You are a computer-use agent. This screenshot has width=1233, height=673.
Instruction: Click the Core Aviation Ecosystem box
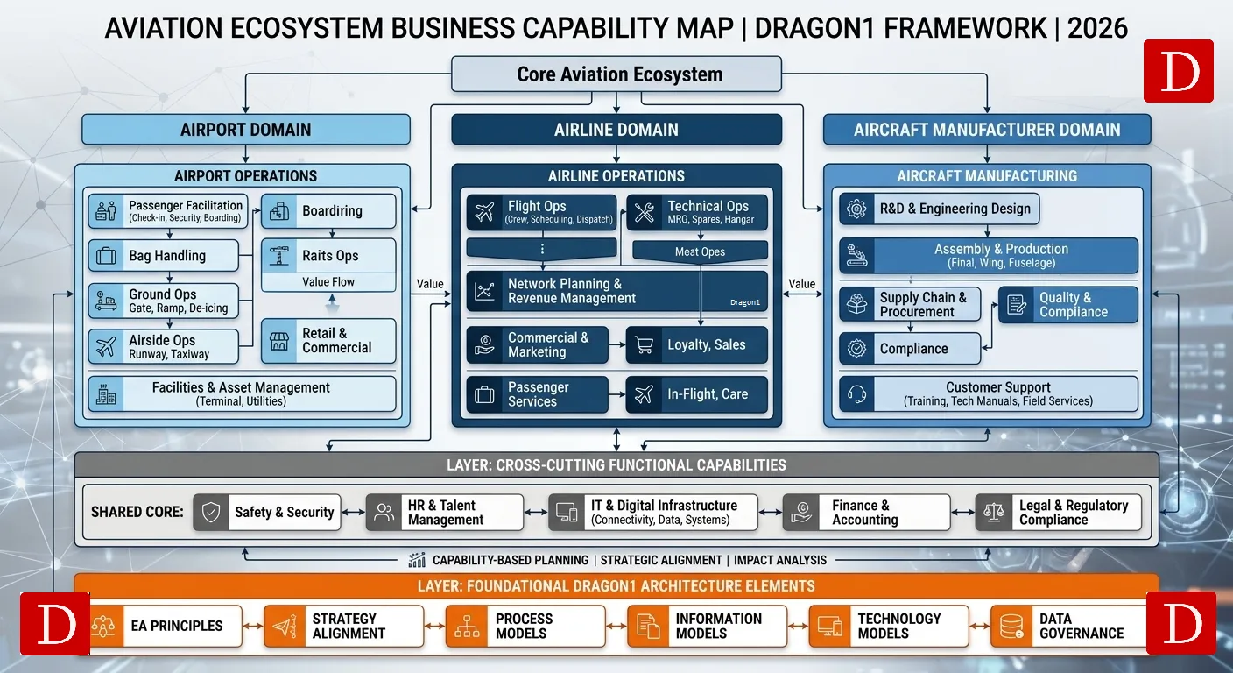click(616, 74)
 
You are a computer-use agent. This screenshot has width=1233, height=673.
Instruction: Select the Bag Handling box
click(164, 256)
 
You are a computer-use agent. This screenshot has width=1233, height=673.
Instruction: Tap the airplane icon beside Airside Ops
click(107, 347)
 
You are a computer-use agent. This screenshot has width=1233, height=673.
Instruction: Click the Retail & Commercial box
click(328, 341)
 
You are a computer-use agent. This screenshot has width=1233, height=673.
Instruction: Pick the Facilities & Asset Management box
click(241, 394)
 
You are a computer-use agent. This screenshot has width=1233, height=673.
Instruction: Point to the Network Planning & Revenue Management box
click(616, 291)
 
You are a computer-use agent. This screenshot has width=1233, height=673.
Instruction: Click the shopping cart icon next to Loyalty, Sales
click(644, 345)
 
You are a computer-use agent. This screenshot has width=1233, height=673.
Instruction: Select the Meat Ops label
click(700, 251)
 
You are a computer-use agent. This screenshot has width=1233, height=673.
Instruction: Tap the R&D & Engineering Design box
click(940, 209)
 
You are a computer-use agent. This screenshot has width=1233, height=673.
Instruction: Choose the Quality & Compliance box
click(1067, 305)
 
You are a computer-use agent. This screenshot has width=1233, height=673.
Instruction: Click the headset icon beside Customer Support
click(857, 394)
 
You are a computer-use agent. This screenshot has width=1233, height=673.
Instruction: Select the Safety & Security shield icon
click(211, 513)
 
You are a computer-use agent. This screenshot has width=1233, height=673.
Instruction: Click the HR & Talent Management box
click(444, 513)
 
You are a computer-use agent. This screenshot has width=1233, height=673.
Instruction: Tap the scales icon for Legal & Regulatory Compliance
click(994, 513)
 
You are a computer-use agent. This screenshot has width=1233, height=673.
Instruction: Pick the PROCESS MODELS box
click(525, 626)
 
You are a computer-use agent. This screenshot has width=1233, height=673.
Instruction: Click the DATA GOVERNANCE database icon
click(1011, 626)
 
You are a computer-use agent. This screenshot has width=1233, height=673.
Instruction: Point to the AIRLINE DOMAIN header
click(616, 130)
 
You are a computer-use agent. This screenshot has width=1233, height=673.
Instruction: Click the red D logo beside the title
click(1178, 71)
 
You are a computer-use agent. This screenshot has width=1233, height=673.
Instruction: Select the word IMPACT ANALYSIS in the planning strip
click(780, 560)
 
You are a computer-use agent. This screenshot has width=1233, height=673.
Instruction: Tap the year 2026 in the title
click(1097, 28)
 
